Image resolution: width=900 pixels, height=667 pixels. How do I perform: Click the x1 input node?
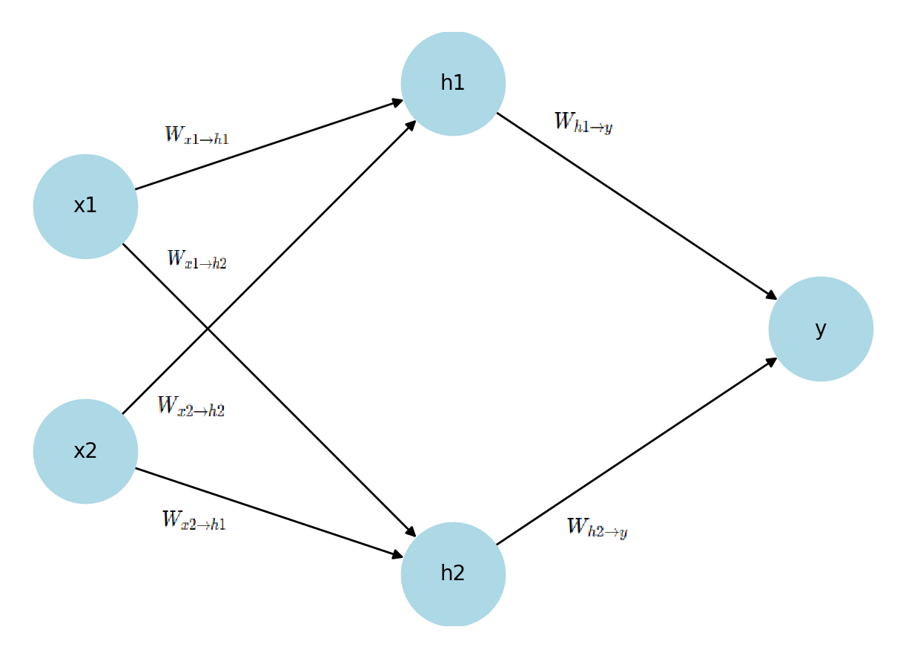coord(85,206)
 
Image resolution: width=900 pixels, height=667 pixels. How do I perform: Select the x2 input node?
coord(85,451)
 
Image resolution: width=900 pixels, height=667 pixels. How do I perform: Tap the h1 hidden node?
coord(453,83)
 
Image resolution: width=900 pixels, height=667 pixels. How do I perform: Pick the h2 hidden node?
coord(453,574)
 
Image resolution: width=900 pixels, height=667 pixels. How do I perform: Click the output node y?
coord(821,329)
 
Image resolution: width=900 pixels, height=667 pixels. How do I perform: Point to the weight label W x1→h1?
coord(196,136)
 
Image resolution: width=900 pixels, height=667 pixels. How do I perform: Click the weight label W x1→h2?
coord(196,260)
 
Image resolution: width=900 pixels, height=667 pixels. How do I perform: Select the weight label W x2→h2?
coord(191,407)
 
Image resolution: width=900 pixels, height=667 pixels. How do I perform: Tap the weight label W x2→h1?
coord(193,521)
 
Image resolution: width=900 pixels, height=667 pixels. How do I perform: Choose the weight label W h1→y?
coord(583,123)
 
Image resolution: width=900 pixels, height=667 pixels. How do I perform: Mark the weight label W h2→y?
coord(597,528)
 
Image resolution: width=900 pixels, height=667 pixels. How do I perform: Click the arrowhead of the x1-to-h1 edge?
coord(398,102)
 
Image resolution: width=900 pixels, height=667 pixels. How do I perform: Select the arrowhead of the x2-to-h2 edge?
coord(398,555)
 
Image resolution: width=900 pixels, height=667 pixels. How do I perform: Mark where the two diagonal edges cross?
coord(208,329)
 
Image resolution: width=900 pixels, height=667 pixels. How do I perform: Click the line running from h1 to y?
coord(637,206)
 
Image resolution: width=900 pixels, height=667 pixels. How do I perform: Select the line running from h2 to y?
coord(637,452)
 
